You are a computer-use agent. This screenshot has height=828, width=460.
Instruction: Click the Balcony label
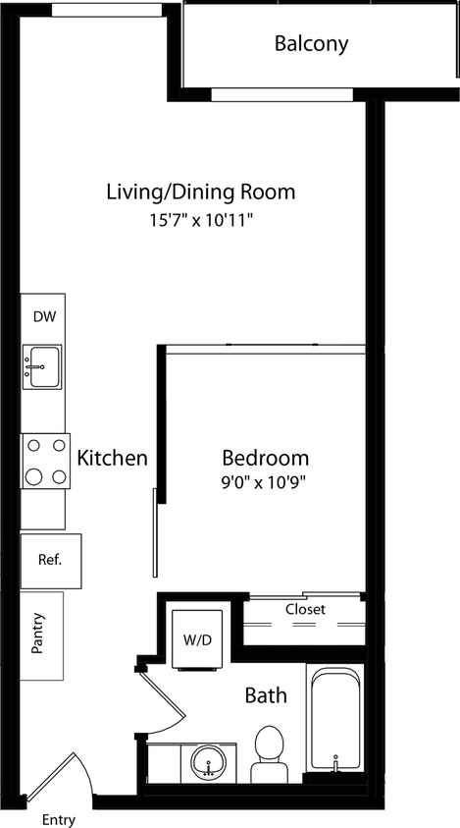click(x=311, y=43)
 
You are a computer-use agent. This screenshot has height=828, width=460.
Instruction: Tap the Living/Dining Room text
click(x=200, y=192)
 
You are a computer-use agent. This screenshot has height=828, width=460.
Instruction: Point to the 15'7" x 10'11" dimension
click(x=200, y=220)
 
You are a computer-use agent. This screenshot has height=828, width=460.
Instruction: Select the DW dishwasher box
click(x=43, y=316)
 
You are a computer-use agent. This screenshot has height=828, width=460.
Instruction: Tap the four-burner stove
click(x=45, y=460)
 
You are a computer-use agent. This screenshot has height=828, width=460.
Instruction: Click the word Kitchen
click(x=113, y=458)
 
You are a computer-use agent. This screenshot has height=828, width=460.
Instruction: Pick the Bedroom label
click(x=265, y=458)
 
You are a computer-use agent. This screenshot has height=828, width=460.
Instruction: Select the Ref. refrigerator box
click(x=50, y=561)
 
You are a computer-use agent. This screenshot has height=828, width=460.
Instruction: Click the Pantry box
click(x=42, y=635)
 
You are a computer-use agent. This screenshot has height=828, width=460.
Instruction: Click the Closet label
click(x=305, y=609)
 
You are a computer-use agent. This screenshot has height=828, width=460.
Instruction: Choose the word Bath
click(x=266, y=695)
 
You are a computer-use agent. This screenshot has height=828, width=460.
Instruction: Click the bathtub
click(x=335, y=718)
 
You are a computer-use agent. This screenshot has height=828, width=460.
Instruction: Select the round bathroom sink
click(x=207, y=761)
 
